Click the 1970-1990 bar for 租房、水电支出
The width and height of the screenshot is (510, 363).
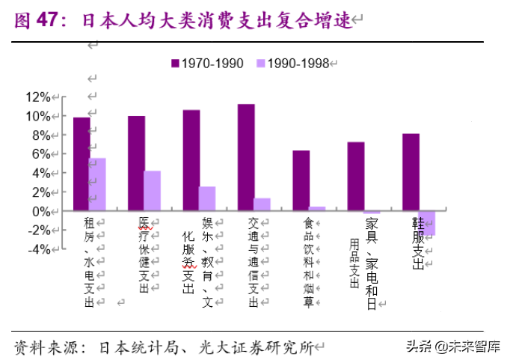(x=82, y=164)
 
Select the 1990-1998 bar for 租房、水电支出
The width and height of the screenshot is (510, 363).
(x=98, y=184)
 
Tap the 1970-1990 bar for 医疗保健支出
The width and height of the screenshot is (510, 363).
(x=136, y=163)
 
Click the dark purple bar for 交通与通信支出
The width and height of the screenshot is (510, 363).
(x=246, y=157)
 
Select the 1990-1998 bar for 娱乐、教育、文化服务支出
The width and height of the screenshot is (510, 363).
(x=207, y=198)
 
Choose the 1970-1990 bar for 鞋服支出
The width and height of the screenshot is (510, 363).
(x=411, y=172)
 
